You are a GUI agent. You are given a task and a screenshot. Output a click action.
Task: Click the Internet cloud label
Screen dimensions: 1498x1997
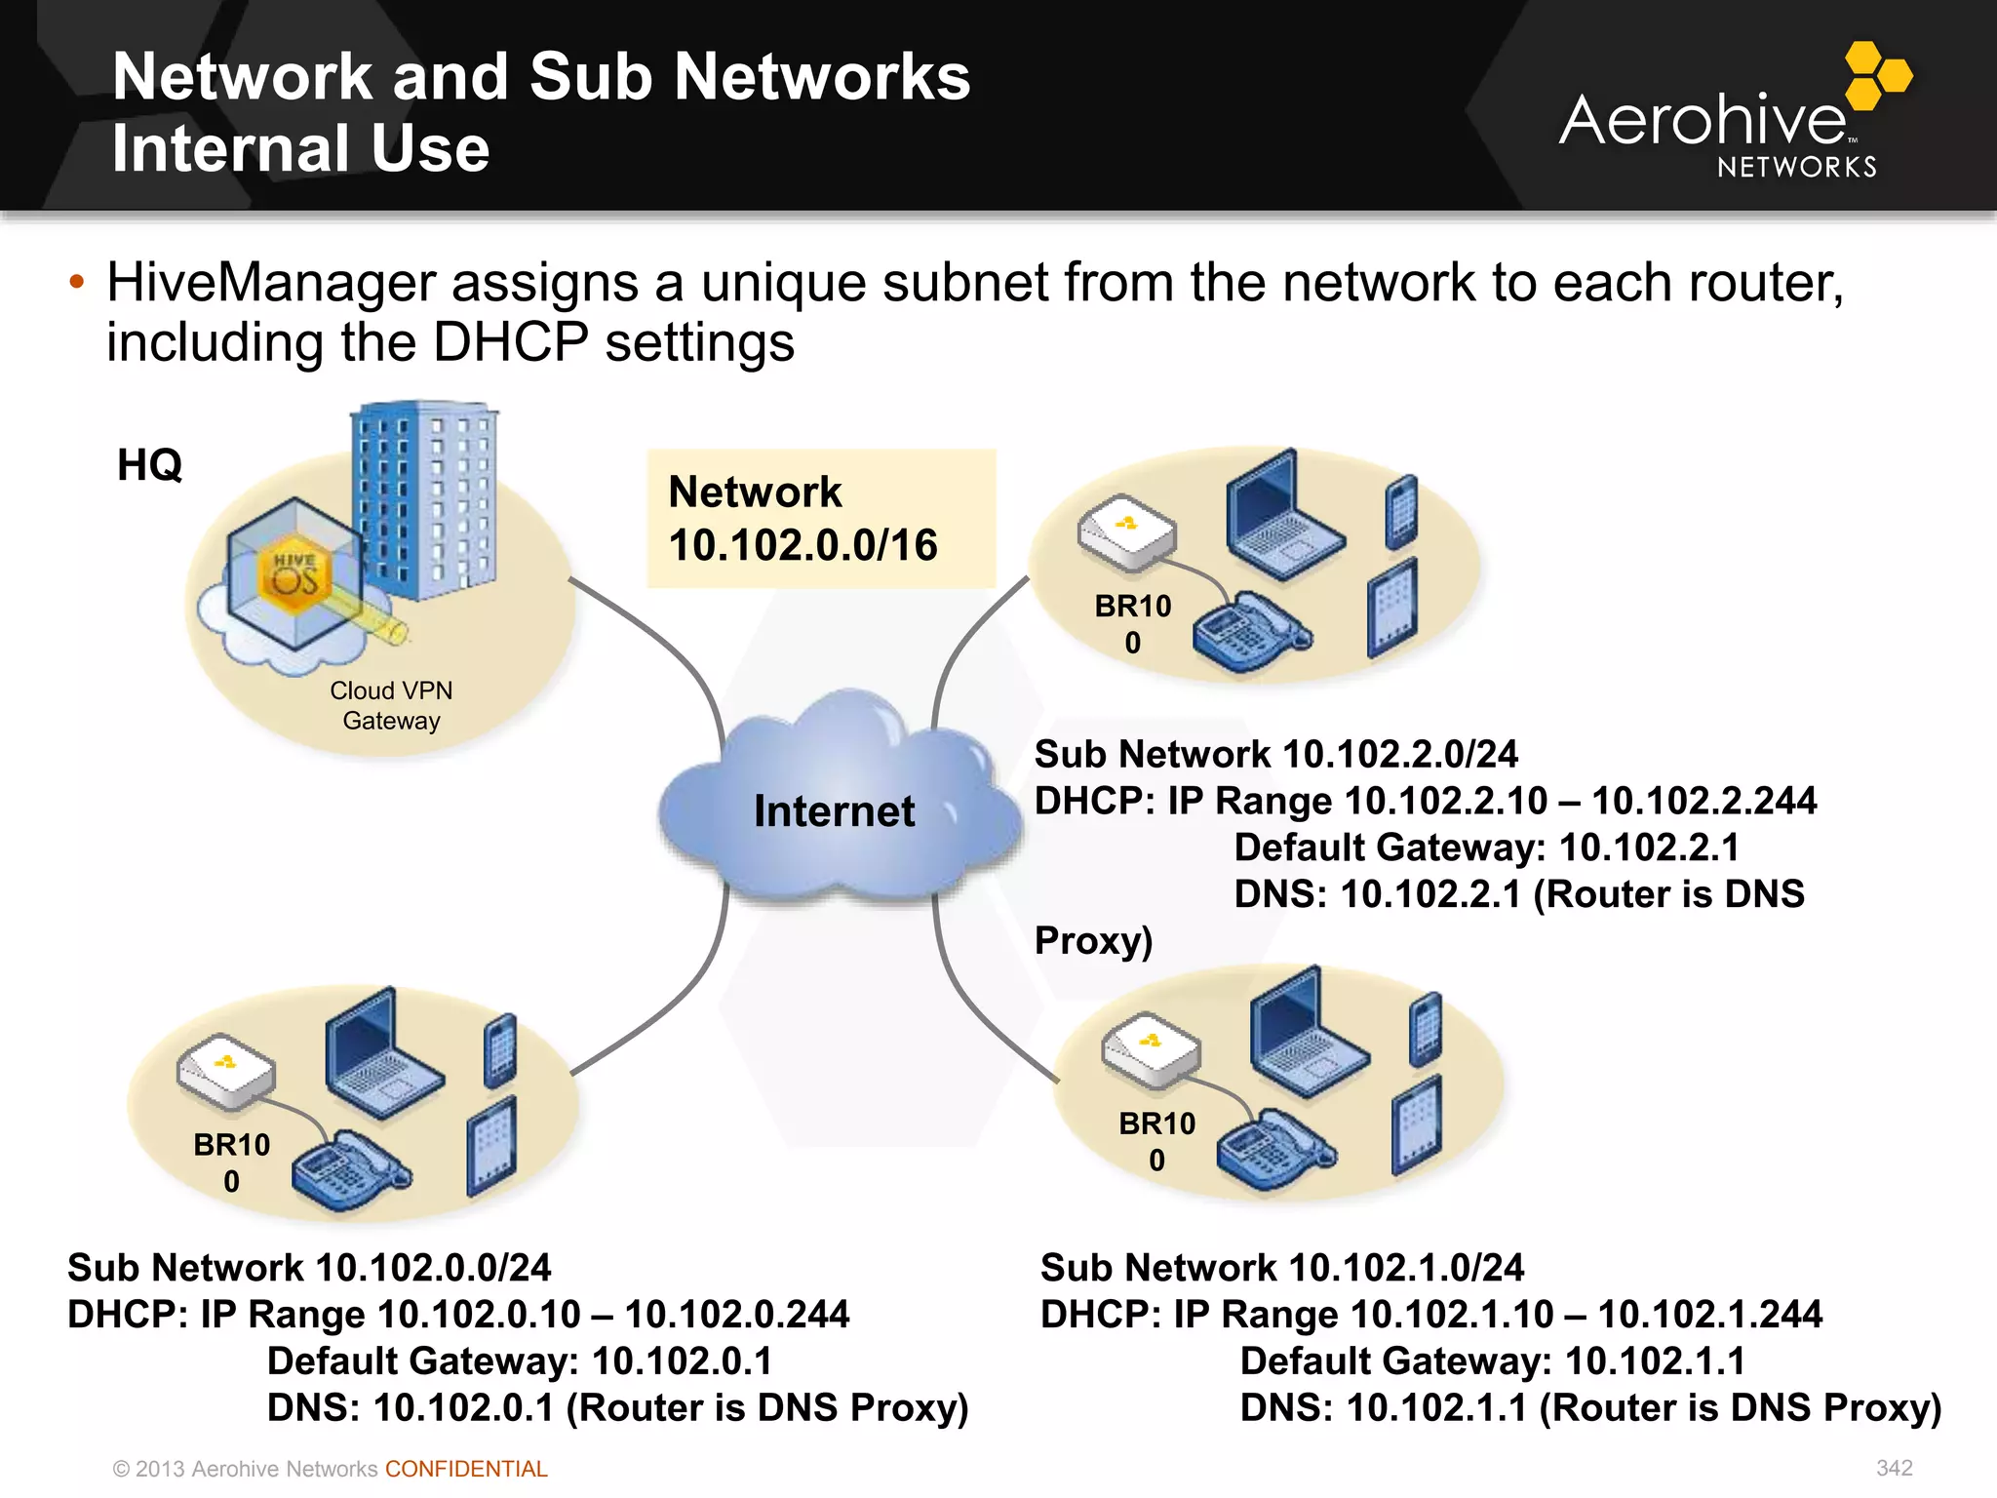834,811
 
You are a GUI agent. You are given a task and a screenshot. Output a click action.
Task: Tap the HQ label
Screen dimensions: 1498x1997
149,465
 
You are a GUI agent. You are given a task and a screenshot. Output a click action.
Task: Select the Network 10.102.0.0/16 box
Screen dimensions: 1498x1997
821,518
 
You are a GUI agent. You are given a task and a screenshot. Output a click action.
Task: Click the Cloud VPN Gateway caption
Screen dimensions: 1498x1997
391,705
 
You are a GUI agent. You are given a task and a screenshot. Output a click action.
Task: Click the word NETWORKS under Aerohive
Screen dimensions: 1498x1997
1796,168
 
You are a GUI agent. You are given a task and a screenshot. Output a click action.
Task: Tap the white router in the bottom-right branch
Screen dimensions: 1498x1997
1151,1050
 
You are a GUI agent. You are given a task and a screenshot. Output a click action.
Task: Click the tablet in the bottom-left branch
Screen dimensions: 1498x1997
491,1145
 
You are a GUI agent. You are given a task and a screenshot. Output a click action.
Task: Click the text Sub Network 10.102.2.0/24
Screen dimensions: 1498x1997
1275,755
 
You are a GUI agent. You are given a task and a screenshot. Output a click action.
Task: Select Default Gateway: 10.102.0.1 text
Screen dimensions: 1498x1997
519,1361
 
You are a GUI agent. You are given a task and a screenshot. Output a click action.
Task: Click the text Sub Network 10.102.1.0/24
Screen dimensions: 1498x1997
1281,1268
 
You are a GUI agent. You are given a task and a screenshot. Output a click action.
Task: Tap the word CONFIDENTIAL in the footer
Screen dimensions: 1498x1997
466,1469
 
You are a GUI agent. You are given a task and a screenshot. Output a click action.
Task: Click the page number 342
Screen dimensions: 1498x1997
1894,1468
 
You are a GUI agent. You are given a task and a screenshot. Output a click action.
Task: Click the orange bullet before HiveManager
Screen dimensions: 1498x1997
77,284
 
